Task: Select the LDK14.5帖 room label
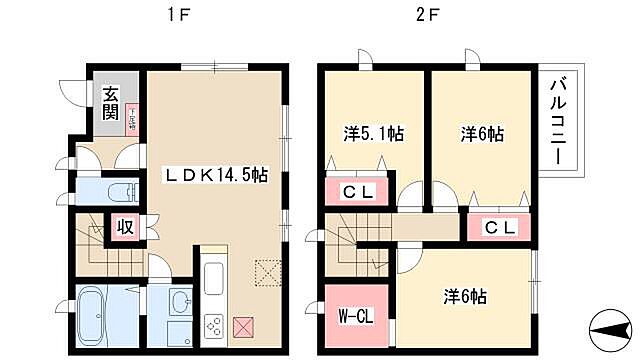[215, 173]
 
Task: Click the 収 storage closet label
[126, 227]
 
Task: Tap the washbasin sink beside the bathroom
[180, 301]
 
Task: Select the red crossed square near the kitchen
[244, 325]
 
